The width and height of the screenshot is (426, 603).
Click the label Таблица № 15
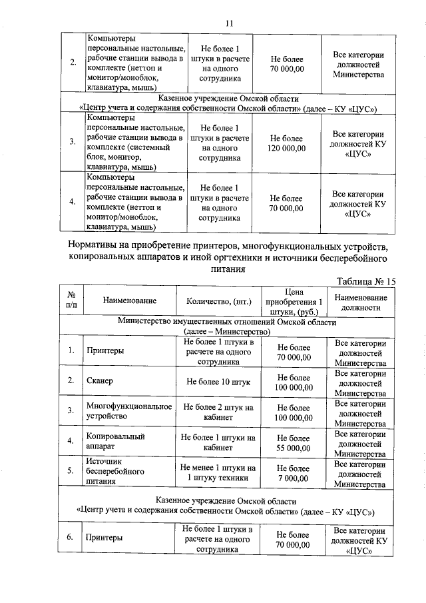(366, 281)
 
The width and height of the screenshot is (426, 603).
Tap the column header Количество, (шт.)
(220, 301)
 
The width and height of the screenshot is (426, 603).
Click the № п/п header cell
(71, 301)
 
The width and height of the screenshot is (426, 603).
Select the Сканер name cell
(100, 380)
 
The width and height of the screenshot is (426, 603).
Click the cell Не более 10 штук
(218, 380)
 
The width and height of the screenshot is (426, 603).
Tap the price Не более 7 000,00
(294, 474)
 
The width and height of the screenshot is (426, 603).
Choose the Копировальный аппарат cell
(111, 441)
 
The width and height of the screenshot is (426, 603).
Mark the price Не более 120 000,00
(288, 142)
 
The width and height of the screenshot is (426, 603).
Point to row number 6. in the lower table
(71, 539)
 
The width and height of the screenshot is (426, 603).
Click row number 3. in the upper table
(72, 143)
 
